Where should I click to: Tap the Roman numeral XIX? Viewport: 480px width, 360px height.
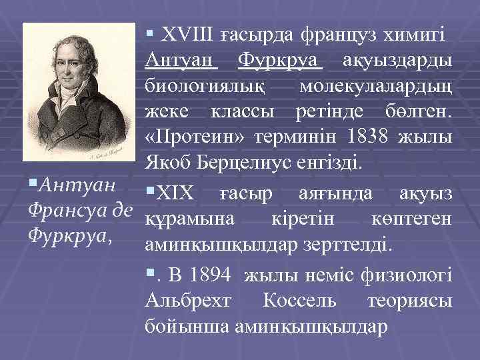click(x=176, y=194)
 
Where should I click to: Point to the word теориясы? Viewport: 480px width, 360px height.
click(x=409, y=301)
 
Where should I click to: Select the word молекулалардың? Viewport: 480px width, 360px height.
click(x=376, y=88)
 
